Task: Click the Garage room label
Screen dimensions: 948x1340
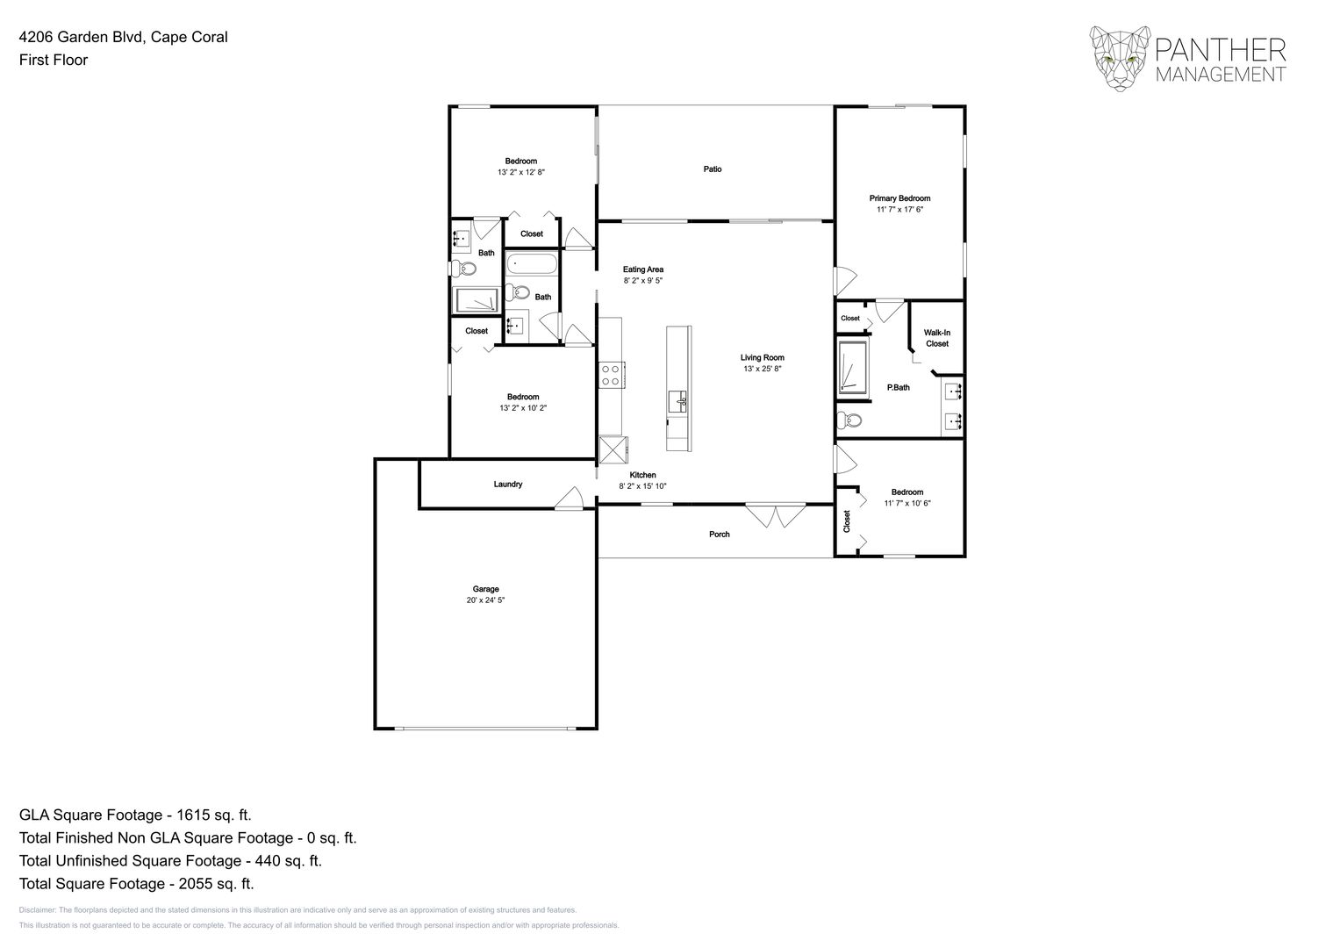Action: click(x=485, y=589)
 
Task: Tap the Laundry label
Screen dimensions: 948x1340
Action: click(x=508, y=484)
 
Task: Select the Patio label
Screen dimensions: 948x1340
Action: click(x=713, y=169)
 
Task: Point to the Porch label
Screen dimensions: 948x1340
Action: click(x=719, y=534)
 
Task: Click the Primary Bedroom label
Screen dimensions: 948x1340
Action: click(x=899, y=198)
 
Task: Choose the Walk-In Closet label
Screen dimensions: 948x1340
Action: click(x=936, y=338)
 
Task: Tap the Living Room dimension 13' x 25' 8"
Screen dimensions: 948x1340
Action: click(x=762, y=369)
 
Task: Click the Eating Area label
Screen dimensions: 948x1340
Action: click(x=642, y=269)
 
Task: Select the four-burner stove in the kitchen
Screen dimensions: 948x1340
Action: click(x=611, y=375)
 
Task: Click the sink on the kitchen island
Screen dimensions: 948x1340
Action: click(x=677, y=402)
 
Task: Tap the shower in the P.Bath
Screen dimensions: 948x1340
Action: click(x=852, y=366)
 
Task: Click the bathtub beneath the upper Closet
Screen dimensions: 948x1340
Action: click(x=532, y=263)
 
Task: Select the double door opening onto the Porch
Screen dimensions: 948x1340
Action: click(x=776, y=514)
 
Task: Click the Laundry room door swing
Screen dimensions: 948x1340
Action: click(x=570, y=499)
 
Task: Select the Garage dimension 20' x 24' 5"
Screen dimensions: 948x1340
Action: click(x=485, y=600)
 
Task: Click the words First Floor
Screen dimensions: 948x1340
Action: click(x=54, y=60)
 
